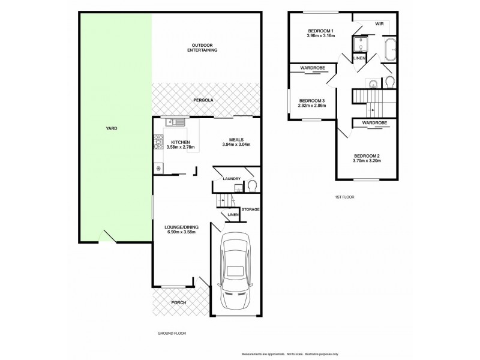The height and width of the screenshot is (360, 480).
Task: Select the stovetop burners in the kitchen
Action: [x=159, y=142]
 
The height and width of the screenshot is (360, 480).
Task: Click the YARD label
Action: [x=111, y=128]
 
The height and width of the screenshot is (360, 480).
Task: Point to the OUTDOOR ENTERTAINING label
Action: [x=205, y=48]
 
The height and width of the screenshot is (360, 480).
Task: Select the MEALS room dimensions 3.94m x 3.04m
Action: [x=236, y=145]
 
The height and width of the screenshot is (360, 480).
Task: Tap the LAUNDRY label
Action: [x=231, y=179]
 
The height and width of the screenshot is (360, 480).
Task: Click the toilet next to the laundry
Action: [x=252, y=185]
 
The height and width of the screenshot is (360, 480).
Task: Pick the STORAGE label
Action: [x=251, y=209]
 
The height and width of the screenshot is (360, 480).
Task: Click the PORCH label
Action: [x=178, y=302]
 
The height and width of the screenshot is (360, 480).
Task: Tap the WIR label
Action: [x=379, y=24]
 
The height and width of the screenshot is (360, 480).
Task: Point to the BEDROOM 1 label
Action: [x=320, y=31]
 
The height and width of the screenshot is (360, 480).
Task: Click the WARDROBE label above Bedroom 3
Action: [x=313, y=68]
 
